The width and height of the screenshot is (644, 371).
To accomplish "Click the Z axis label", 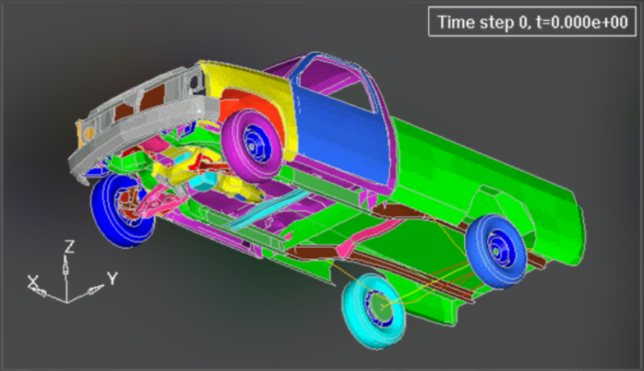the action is click(69, 247).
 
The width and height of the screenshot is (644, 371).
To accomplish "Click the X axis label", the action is click(33, 282).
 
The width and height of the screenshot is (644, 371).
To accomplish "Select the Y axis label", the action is click(112, 278).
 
